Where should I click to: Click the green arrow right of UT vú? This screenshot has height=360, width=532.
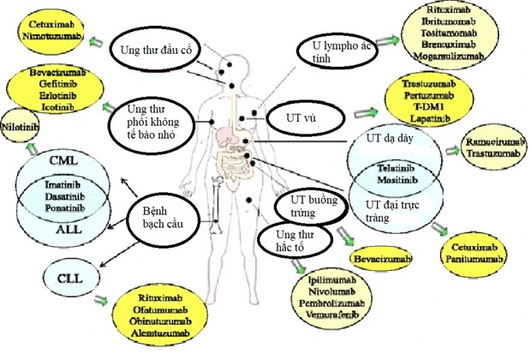click(x=366, y=112)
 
